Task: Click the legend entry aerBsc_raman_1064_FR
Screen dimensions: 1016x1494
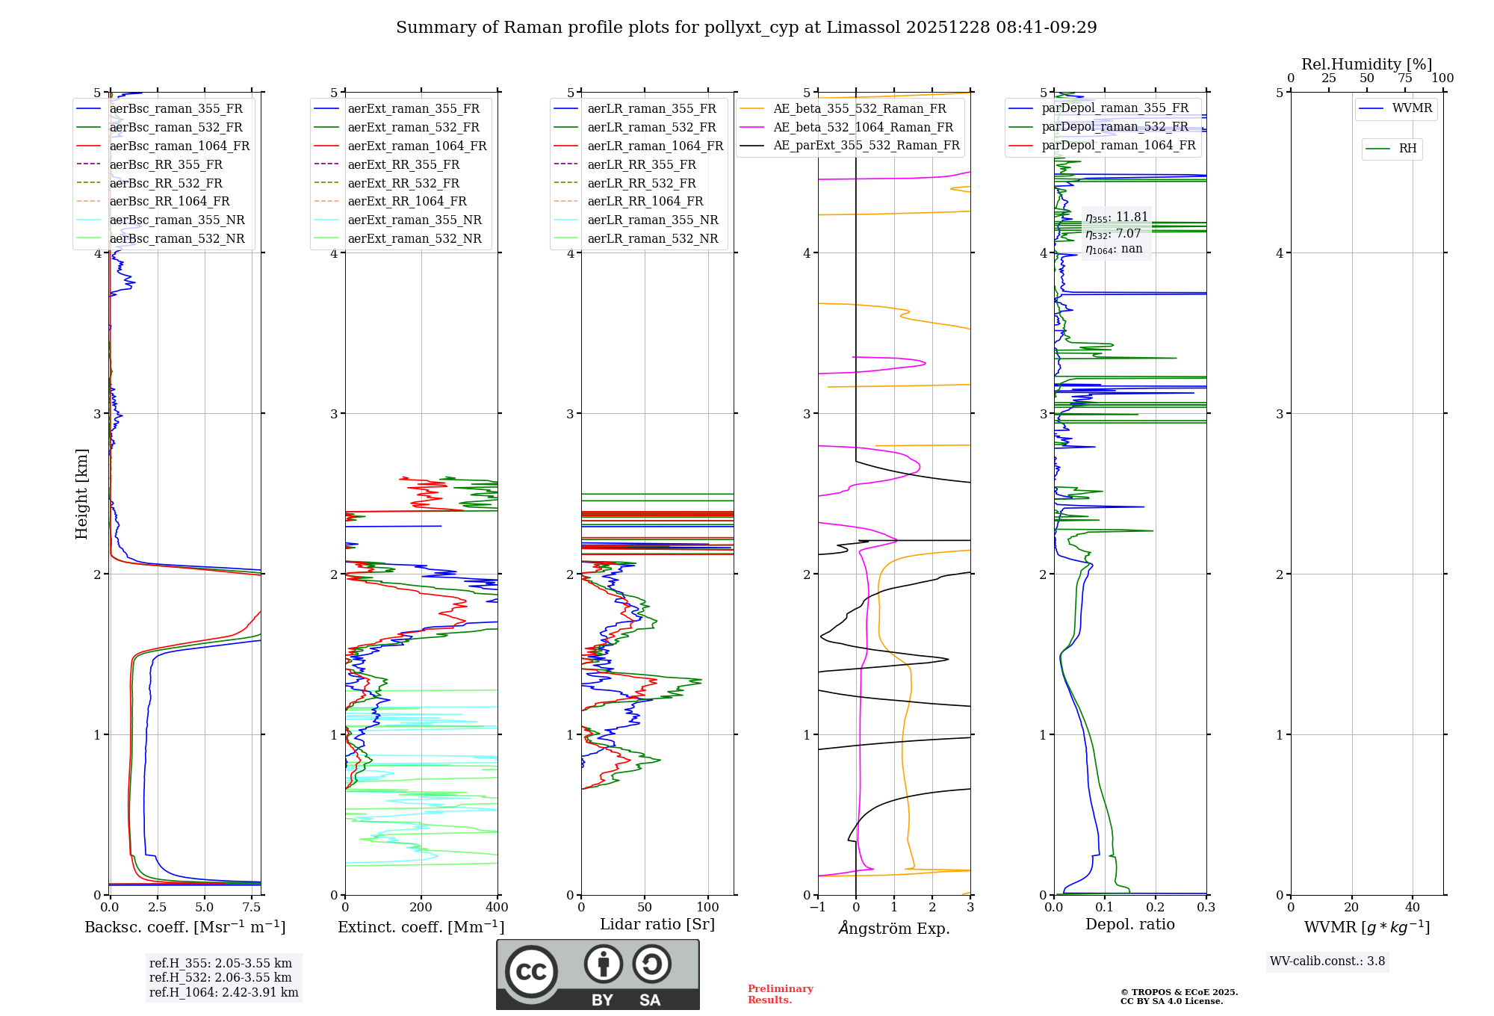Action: pos(179,146)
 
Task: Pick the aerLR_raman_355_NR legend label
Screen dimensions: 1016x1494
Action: pos(652,220)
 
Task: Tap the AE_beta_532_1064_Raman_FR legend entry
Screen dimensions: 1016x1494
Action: pos(863,127)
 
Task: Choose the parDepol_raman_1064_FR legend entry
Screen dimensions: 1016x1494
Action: pos(1118,146)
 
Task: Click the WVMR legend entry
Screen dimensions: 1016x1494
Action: pos(1412,108)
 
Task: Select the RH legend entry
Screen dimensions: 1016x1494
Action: pos(1407,149)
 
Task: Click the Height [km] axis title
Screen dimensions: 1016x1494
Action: pos(81,494)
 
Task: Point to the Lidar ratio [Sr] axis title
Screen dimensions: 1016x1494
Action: pos(657,924)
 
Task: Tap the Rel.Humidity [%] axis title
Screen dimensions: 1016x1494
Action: pos(1366,64)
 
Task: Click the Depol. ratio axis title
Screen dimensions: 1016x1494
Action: pos(1129,924)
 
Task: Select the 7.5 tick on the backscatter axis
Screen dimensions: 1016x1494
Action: pos(252,908)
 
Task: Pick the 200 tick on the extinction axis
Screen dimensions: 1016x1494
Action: pos(421,908)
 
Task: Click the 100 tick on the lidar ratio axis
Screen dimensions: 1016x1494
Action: pos(708,908)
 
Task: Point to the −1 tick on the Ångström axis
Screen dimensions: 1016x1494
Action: pos(817,908)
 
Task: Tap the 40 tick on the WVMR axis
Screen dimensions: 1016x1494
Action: pos(1412,908)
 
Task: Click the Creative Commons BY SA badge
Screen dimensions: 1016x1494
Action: pos(598,974)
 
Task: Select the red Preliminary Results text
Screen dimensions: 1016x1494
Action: pos(780,994)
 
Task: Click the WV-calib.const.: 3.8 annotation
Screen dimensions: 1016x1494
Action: pos(1327,961)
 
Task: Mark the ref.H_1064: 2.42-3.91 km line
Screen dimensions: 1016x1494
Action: pos(223,993)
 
